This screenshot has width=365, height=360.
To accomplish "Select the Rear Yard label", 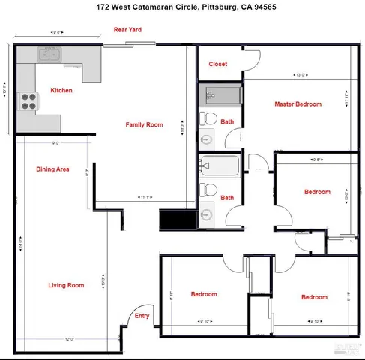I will pyautogui.click(x=127, y=30).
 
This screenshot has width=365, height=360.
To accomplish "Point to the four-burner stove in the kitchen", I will pyautogui.click(x=28, y=100).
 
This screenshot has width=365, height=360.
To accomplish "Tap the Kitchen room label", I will pyautogui.click(x=61, y=91).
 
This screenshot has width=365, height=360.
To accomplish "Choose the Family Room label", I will pyautogui.click(x=144, y=124).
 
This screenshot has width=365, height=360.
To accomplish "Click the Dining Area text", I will pyautogui.click(x=52, y=169).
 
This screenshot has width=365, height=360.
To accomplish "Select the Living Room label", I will pyautogui.click(x=66, y=285).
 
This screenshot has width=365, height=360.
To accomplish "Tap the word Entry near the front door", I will pyautogui.click(x=142, y=316).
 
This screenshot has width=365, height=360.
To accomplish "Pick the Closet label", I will pyautogui.click(x=218, y=64).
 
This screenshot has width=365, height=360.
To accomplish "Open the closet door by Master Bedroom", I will pyautogui.click(x=251, y=60).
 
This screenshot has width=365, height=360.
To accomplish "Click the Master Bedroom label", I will pyautogui.click(x=298, y=104).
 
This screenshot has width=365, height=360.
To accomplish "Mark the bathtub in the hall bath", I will pyautogui.click(x=220, y=165).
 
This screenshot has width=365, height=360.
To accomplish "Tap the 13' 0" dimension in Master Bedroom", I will pyautogui.click(x=301, y=75).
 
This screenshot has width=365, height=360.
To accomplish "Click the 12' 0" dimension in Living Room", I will pyautogui.click(x=70, y=339).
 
